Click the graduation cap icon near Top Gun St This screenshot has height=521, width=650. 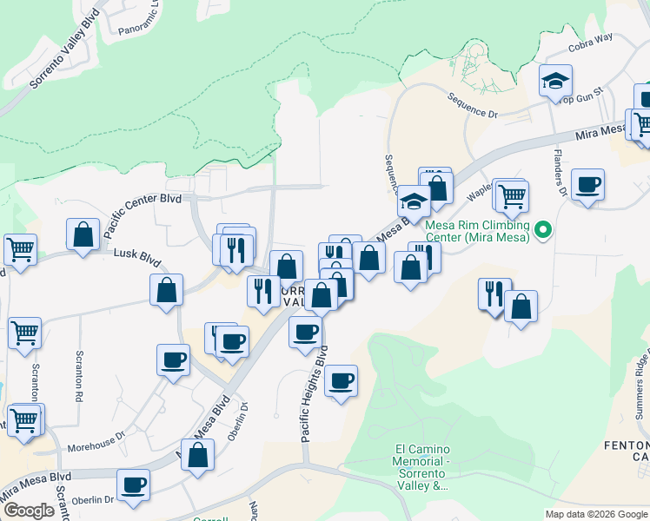click(x=555, y=82)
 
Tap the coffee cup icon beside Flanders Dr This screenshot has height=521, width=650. click(x=588, y=185)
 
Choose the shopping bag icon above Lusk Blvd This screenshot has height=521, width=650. click(x=83, y=235)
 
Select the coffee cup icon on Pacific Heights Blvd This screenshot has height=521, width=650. click(x=341, y=381)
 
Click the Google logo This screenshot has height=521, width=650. click(x=28, y=511)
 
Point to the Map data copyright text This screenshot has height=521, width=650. click(x=595, y=514)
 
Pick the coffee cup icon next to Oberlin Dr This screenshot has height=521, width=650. click(x=133, y=485)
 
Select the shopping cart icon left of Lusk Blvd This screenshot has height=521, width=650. click(x=20, y=249)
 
